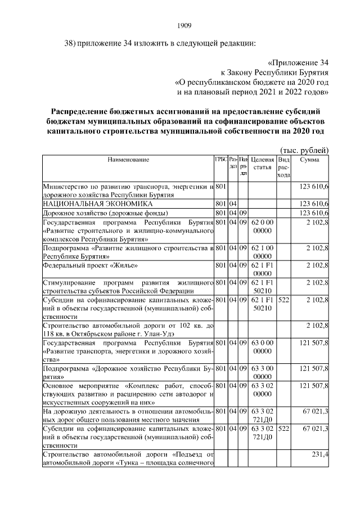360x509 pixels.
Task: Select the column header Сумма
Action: click(309, 160)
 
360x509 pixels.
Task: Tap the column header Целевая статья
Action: click(263, 164)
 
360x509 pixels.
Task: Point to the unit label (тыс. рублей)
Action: click(304, 150)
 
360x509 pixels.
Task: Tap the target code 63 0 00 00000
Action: click(263, 346)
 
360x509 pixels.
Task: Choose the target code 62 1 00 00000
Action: click(263, 251)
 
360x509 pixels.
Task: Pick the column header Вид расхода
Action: click(284, 168)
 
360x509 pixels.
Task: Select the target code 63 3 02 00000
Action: click(263, 391)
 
